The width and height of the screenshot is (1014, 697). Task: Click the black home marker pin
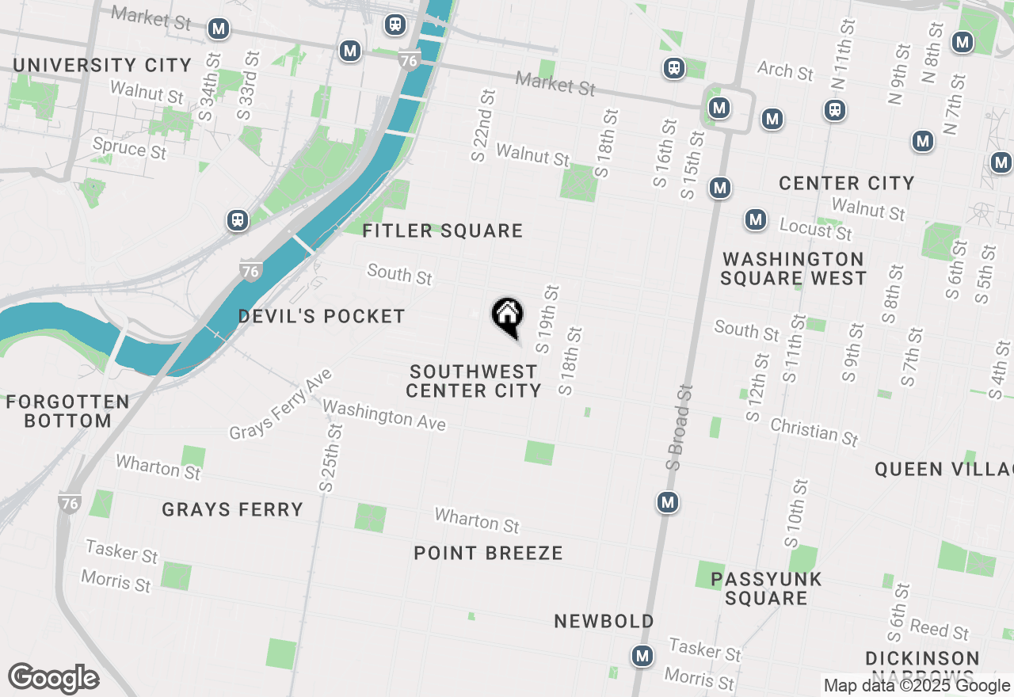[x=507, y=316]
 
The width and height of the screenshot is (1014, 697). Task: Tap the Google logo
[x=53, y=678]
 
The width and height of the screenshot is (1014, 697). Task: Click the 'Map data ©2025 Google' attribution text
[x=917, y=686]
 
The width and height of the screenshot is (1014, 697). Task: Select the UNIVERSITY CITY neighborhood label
[x=102, y=65]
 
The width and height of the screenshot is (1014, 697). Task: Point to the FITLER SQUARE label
[x=443, y=230]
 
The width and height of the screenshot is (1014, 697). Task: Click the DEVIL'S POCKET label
[x=322, y=316]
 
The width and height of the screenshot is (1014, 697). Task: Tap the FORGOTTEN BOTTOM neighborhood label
[x=68, y=411]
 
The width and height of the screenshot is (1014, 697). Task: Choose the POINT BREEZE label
[x=488, y=553]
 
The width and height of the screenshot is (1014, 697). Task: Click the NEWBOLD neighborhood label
[x=604, y=621]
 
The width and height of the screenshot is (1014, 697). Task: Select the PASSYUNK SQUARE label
[x=766, y=588]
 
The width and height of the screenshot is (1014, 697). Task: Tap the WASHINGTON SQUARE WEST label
[x=793, y=269]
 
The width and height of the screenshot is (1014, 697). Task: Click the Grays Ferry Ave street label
[x=280, y=404]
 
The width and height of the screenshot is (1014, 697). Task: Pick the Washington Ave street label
[x=384, y=415]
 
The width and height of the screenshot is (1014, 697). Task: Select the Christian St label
[x=814, y=432]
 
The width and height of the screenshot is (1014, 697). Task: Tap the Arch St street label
[x=785, y=70]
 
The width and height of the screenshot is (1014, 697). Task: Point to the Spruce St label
[x=130, y=148]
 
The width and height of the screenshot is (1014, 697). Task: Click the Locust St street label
[x=815, y=229]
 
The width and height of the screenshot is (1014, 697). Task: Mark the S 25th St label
[x=330, y=458]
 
